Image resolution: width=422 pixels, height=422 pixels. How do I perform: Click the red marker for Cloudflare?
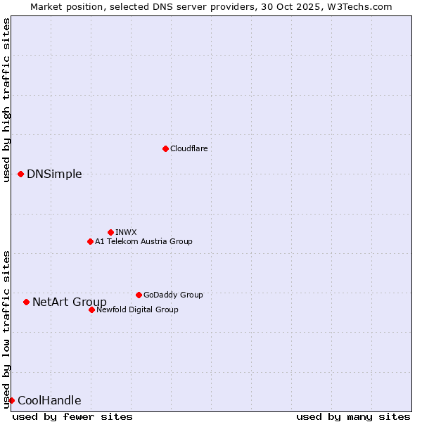coord(165,148)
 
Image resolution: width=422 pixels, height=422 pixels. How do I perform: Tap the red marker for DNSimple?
coord(20,174)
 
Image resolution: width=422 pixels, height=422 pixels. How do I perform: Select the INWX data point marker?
coord(110,232)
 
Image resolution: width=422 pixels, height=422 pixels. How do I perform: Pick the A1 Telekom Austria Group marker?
coord(90,241)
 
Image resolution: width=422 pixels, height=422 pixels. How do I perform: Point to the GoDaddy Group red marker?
coord(139,295)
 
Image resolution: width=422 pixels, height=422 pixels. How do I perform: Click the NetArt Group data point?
coord(26,302)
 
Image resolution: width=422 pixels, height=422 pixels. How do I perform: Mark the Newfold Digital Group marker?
coord(91,309)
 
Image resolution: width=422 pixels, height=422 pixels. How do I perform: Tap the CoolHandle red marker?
coord(11,400)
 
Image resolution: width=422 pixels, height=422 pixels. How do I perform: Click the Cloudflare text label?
coord(189,148)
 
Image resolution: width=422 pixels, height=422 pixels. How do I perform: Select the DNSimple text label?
coord(54,174)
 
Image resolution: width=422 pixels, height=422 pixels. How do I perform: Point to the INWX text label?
coord(126,232)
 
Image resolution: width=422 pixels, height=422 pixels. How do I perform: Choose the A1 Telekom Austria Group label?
coord(143,241)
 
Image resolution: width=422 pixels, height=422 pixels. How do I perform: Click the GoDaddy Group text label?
coord(173,295)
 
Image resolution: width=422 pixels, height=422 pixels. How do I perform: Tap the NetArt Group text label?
coord(70,302)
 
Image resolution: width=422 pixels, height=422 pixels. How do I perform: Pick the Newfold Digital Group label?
coord(137,309)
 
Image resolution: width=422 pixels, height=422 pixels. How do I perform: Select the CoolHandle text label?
coord(49,400)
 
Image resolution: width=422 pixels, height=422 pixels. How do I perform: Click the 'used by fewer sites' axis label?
coord(72,416)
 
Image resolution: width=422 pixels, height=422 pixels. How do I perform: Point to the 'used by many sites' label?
coord(353,416)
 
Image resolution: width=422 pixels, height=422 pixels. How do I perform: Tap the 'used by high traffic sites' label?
coord(6,100)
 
